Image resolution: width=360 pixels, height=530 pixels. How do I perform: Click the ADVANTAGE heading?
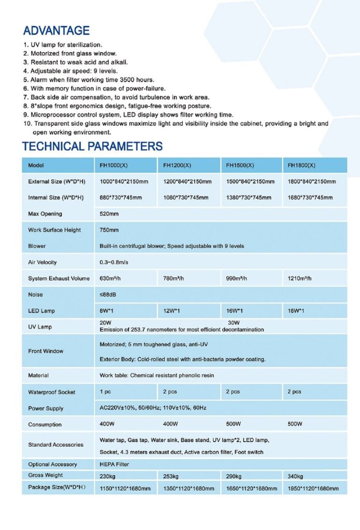click(x=56, y=31)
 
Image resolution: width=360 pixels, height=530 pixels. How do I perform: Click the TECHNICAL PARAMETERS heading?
click(x=92, y=146)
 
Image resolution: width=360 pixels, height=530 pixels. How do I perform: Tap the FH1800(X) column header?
click(x=301, y=166)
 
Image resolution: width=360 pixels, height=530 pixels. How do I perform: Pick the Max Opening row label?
click(x=45, y=214)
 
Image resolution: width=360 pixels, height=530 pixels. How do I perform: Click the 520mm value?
click(x=109, y=214)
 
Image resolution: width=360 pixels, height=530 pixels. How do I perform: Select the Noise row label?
click(x=36, y=295)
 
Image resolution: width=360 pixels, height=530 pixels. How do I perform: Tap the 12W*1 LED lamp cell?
click(x=171, y=311)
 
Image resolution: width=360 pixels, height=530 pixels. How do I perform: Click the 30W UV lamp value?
click(x=234, y=323)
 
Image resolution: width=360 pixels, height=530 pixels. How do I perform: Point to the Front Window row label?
click(x=46, y=351)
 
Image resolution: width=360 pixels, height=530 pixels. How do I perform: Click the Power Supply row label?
click(x=46, y=408)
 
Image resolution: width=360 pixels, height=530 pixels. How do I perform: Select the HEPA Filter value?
click(x=114, y=464)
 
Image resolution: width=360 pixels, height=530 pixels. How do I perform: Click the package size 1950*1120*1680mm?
click(x=313, y=489)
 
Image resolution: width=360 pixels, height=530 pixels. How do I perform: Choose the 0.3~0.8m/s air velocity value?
click(x=114, y=262)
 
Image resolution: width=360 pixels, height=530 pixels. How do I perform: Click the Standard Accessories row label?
click(x=55, y=445)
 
